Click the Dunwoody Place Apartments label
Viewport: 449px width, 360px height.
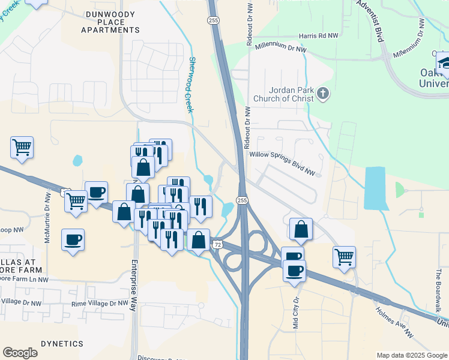109,22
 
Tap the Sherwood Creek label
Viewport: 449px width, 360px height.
191,85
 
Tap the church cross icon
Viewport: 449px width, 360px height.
323,93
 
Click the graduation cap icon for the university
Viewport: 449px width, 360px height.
443,62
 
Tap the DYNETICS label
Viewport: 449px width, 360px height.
62,344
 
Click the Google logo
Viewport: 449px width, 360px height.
20,353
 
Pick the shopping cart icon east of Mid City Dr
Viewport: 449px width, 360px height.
344,256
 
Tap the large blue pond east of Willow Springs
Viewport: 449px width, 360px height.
375,188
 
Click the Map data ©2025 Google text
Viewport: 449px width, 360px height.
411,355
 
